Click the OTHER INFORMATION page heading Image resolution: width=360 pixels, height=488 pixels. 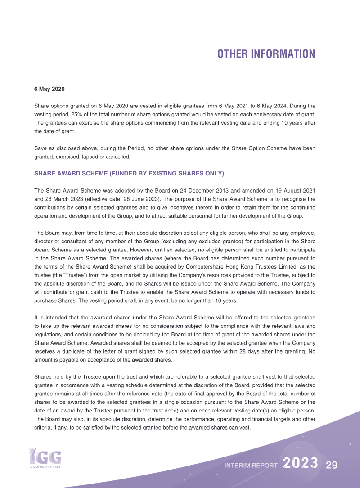coord(266,54)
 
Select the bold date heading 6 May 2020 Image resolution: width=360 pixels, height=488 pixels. coord(49,89)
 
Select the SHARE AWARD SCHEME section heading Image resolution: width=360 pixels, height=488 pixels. coord(129,173)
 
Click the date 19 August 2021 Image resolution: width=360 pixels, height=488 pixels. coord(279,190)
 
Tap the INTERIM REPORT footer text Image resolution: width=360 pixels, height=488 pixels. coord(251,466)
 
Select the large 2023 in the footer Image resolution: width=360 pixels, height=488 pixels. coord(301,464)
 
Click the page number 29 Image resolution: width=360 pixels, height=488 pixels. coord(332,465)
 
